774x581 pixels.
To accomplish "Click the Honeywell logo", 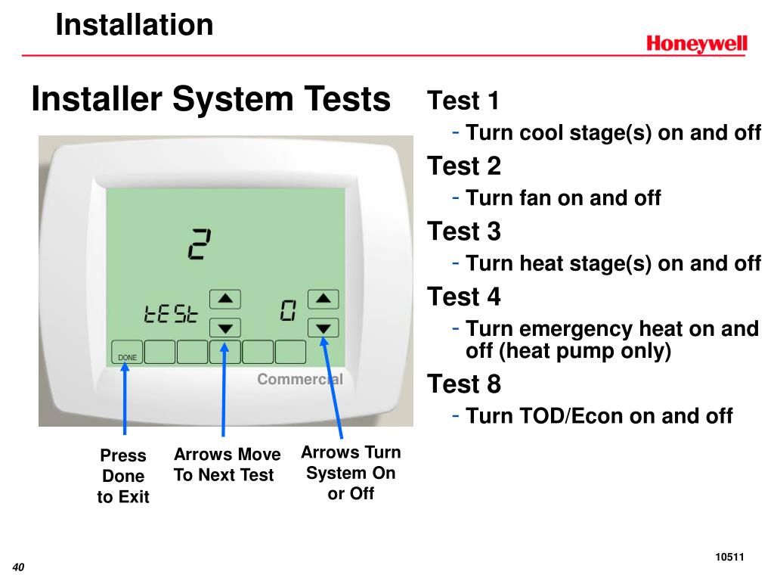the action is (696, 43).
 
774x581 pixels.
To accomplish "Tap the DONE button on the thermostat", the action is (127, 353).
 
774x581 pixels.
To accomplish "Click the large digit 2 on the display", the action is (199, 244).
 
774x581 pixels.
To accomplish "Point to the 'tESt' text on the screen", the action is (171, 314).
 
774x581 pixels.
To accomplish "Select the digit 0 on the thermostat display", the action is (288, 311).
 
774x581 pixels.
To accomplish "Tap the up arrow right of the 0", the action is (324, 299).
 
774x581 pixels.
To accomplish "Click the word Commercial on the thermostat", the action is (300, 379).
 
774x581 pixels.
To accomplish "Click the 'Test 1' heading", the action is (463, 101).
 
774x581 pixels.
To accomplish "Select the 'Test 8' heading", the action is (464, 384).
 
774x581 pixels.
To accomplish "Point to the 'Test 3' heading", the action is (464, 231).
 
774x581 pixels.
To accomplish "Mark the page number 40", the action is (18, 567).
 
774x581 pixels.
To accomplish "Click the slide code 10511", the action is (729, 558).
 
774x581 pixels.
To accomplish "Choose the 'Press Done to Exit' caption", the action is (123, 476).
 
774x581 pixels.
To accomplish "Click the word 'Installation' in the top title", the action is (135, 25).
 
